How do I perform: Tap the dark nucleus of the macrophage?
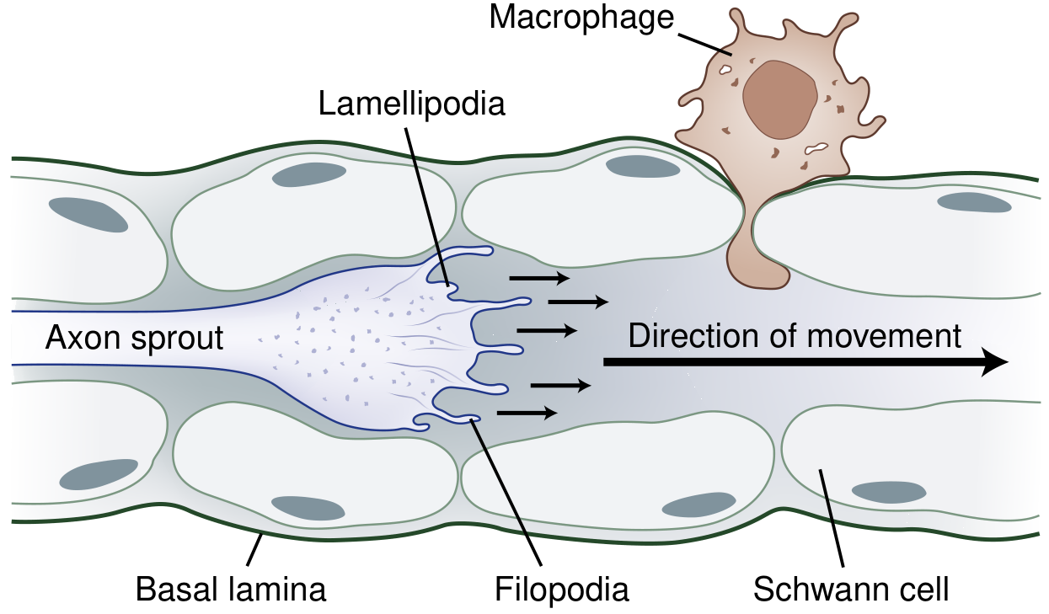coord(779,99)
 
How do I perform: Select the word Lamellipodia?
coord(412,104)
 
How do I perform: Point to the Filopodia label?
coord(561,589)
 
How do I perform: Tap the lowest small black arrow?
coord(527,413)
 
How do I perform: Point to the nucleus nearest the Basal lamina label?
coord(308,507)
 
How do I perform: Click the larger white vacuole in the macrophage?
coord(816,150)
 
